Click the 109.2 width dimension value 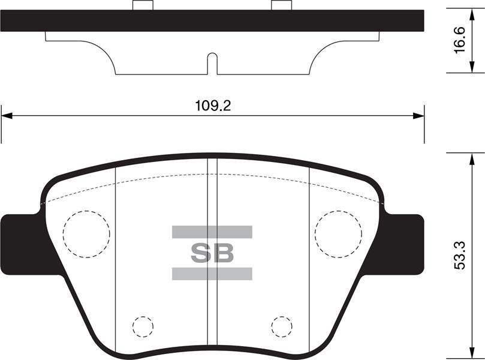pos(213,106)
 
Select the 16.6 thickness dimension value pos(460,40)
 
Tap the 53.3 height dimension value pos(460,256)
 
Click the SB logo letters pos(212,253)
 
